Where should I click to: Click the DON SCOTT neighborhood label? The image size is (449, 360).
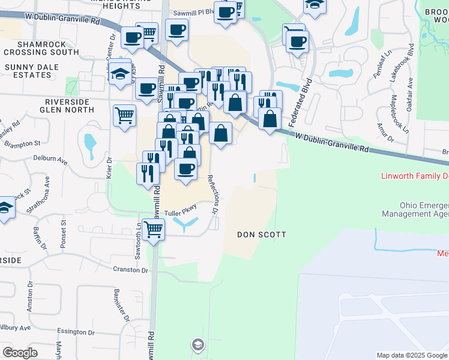(261, 235)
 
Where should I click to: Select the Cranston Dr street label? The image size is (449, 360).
(131, 271)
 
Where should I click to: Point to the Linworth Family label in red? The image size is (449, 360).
(415, 176)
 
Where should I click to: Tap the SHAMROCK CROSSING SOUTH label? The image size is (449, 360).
(40, 49)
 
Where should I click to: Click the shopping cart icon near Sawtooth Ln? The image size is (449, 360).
(154, 229)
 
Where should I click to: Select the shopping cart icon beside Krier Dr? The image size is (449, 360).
(124, 113)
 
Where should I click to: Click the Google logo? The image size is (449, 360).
(20, 352)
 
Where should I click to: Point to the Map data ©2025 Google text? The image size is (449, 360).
(411, 355)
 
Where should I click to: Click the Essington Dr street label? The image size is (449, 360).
(73, 331)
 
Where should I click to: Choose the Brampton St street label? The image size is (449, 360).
(22, 143)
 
